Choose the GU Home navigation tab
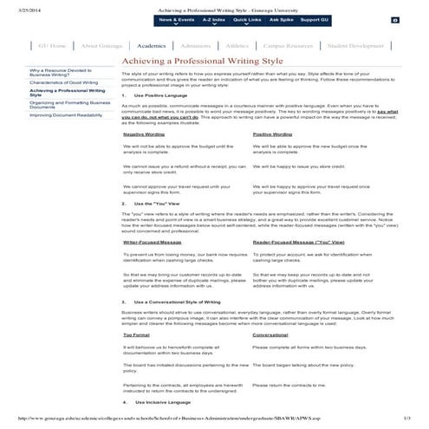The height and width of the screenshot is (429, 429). click(52, 45)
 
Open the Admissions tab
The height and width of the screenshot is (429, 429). click(197, 45)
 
